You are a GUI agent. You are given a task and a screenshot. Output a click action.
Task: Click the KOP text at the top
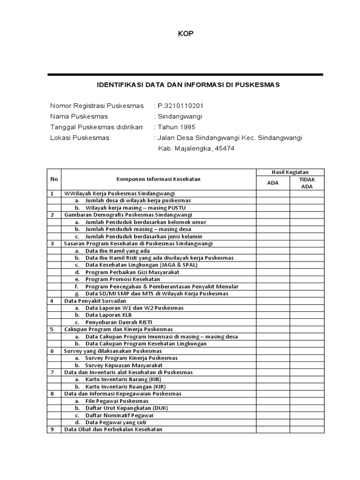pyautogui.click(x=186, y=33)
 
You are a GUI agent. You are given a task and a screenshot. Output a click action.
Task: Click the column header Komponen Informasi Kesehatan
pyautogui.click(x=158, y=179)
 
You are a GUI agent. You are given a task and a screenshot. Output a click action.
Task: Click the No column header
pyautogui.click(x=54, y=179)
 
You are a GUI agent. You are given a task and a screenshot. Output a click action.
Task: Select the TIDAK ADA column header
pyautogui.click(x=307, y=183)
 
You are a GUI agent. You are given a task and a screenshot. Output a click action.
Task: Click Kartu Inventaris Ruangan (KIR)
pyautogui.click(x=126, y=387)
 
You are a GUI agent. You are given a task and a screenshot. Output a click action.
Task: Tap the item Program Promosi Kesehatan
pyautogui.click(x=123, y=279)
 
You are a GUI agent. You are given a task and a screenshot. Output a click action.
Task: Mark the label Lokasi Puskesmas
pyautogui.click(x=80, y=138)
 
